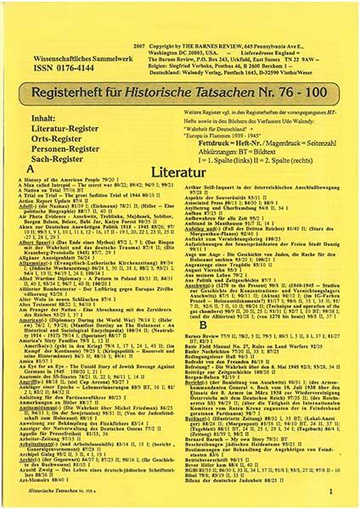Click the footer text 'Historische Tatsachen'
[x=42, y=489]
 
